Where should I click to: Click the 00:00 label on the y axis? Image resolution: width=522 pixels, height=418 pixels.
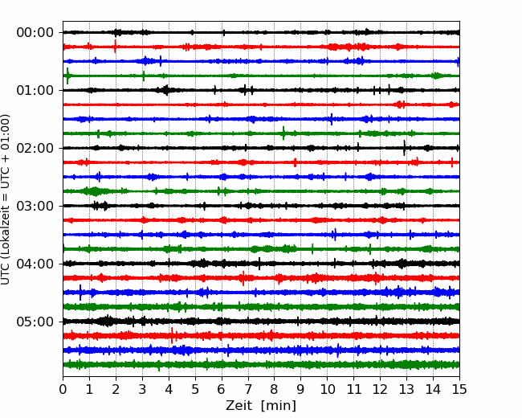click(x=35, y=33)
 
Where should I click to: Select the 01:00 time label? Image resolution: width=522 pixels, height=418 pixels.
click(x=35, y=90)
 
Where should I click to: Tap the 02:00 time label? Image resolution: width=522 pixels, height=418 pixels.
click(x=35, y=148)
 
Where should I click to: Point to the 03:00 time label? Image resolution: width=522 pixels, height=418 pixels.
click(x=35, y=206)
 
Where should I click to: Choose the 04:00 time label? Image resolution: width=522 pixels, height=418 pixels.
click(x=35, y=264)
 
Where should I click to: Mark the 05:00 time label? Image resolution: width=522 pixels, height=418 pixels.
click(x=35, y=322)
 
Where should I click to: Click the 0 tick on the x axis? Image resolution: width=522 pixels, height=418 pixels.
click(x=63, y=389)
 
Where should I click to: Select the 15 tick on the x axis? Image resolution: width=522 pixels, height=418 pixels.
click(x=459, y=389)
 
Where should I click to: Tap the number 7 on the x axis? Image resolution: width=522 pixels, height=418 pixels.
click(x=248, y=389)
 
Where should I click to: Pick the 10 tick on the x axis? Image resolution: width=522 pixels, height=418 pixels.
click(x=327, y=389)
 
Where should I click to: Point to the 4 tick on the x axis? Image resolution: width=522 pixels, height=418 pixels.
click(x=169, y=389)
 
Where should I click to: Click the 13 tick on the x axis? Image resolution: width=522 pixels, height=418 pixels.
click(x=406, y=389)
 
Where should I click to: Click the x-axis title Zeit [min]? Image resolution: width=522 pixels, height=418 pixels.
click(x=261, y=406)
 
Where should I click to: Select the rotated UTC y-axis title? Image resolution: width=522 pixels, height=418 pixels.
click(x=5, y=199)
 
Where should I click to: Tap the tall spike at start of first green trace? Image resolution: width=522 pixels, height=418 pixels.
click(x=67, y=76)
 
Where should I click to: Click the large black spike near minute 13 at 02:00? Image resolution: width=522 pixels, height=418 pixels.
click(x=404, y=148)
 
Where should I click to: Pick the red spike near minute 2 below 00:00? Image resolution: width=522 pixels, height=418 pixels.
click(x=115, y=47)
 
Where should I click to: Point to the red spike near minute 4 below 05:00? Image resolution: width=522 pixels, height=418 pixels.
click(x=172, y=335)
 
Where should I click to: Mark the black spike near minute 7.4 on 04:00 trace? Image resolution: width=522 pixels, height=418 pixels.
click(x=259, y=264)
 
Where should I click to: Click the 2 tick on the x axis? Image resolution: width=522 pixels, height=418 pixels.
click(x=116, y=389)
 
